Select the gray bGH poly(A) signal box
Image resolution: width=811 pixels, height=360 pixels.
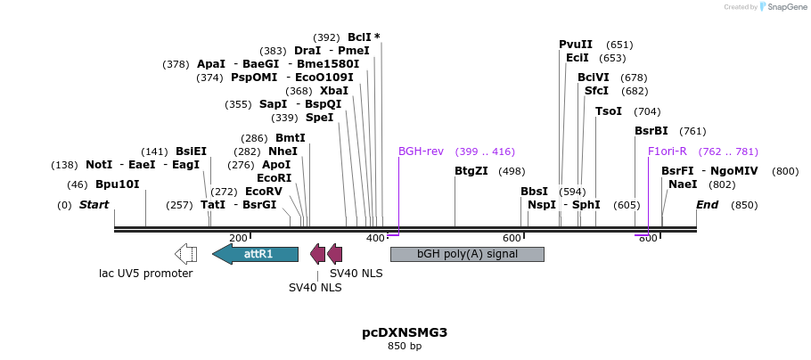click(x=467, y=254)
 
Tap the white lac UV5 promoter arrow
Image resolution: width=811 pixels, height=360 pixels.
click(x=186, y=254)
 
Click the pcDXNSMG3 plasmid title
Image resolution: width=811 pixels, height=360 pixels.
click(x=405, y=332)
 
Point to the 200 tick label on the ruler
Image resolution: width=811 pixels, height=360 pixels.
click(x=238, y=238)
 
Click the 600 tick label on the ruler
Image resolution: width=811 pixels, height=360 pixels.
click(x=512, y=238)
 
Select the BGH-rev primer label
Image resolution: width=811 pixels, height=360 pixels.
click(x=421, y=151)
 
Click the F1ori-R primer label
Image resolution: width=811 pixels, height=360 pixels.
click(x=667, y=151)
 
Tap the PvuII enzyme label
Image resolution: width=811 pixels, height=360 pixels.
click(x=576, y=45)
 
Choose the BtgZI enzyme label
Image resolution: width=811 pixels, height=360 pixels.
click(x=471, y=171)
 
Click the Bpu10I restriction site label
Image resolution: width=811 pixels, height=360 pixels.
click(x=118, y=184)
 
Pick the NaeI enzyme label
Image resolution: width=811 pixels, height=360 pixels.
click(x=683, y=184)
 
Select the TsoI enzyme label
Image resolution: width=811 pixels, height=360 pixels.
click(x=609, y=111)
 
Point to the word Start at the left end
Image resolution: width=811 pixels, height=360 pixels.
click(x=94, y=205)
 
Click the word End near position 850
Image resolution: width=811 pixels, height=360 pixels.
click(x=707, y=205)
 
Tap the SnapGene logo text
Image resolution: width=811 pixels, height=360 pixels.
click(x=785, y=7)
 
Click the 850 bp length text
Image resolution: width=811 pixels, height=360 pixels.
click(x=405, y=346)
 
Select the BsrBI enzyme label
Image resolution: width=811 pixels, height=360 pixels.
click(x=651, y=131)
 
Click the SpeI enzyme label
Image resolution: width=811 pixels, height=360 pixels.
click(x=319, y=118)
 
